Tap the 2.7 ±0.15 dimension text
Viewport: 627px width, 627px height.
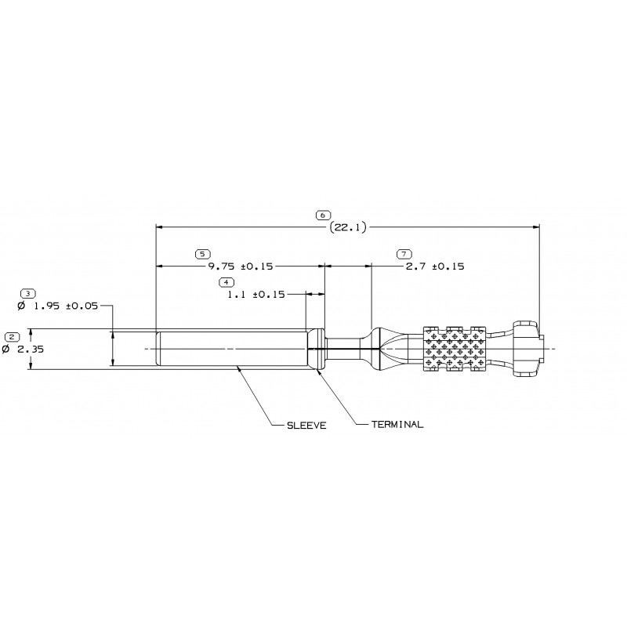(x=435, y=266)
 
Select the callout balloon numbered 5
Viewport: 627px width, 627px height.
(x=202, y=254)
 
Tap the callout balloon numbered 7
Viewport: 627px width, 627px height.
(x=404, y=254)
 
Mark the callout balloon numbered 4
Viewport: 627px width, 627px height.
(x=227, y=281)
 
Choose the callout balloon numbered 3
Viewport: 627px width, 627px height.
(x=28, y=293)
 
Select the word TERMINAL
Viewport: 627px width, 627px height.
(x=397, y=424)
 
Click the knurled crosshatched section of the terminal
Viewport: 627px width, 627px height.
(x=455, y=348)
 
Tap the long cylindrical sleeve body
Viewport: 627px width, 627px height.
(x=231, y=349)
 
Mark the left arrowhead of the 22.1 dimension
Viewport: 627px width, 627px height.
(x=160, y=227)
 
